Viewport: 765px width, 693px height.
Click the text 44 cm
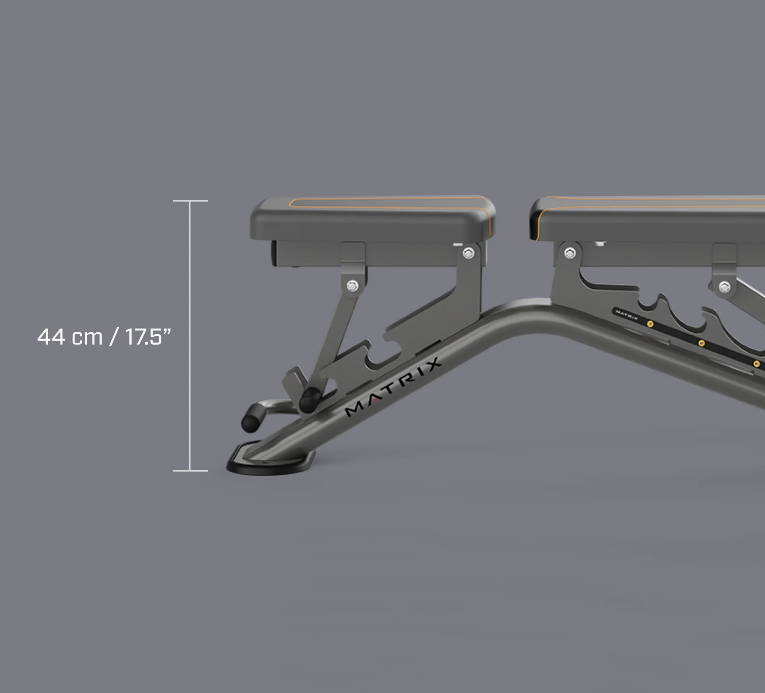pos(70,337)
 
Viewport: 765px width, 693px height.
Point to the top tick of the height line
pos(190,201)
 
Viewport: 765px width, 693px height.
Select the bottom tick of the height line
pos(190,470)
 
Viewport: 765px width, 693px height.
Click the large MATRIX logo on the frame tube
pos(393,387)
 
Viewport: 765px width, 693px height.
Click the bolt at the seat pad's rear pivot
pos(468,253)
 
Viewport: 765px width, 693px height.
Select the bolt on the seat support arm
pos(352,285)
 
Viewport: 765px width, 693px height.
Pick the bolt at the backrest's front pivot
pos(570,253)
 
